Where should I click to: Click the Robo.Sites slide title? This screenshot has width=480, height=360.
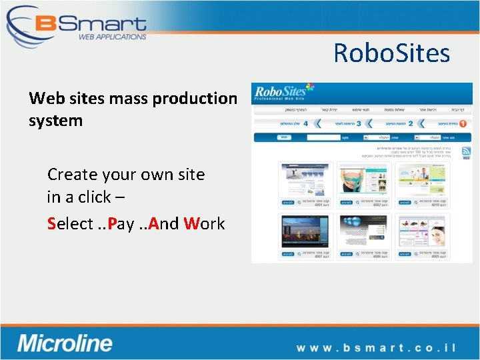point(391,53)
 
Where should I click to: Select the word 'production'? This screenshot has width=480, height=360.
point(195,99)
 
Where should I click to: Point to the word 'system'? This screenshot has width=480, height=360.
point(55,121)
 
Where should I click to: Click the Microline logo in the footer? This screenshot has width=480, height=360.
point(65,344)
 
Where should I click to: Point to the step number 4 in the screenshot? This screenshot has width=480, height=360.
point(305,123)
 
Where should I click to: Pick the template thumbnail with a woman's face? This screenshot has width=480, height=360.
point(423,231)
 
